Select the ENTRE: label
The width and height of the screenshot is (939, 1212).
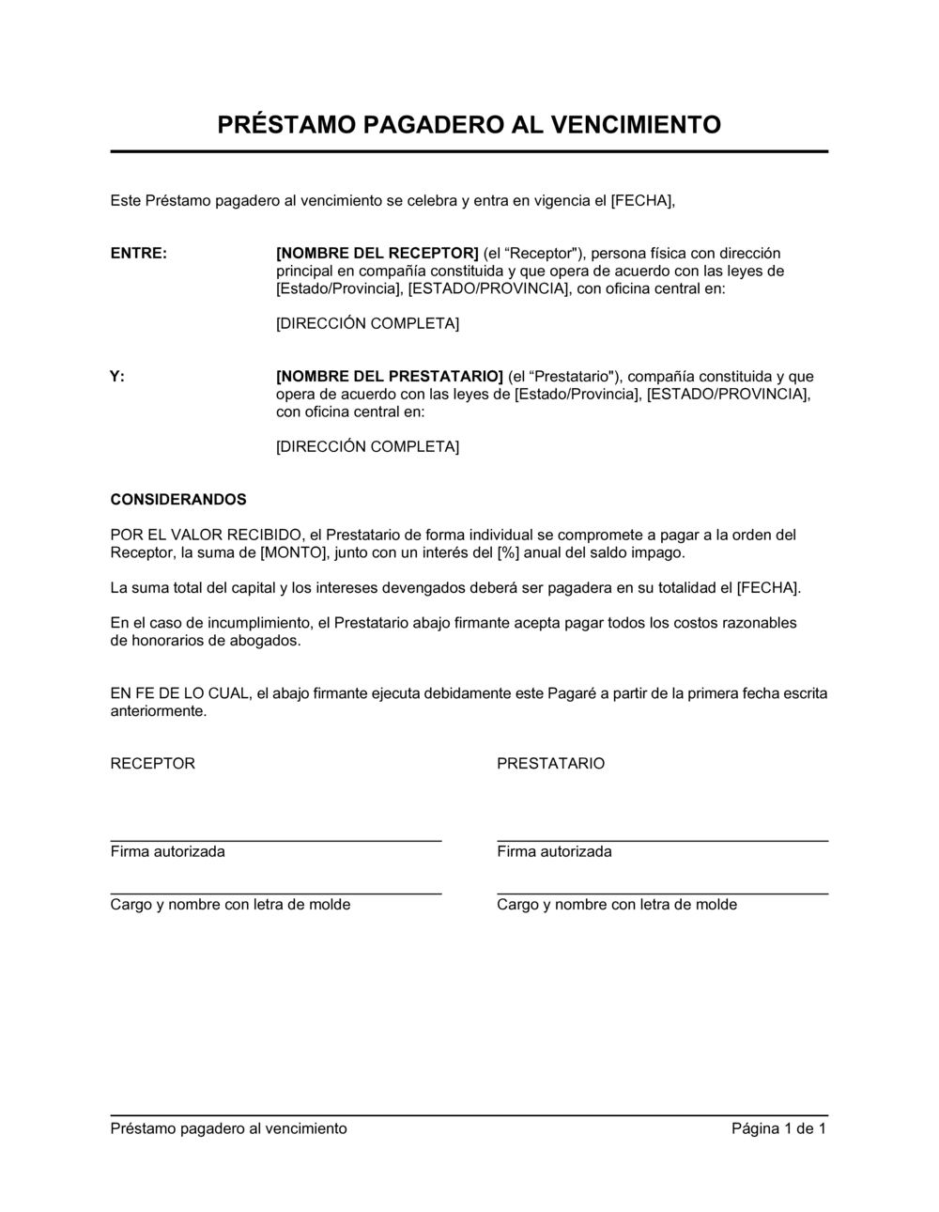click(138, 254)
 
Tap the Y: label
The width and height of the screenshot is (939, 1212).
click(117, 377)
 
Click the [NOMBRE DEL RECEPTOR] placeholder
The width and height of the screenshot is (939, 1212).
click(377, 254)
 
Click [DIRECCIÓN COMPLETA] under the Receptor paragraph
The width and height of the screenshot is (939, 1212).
click(367, 324)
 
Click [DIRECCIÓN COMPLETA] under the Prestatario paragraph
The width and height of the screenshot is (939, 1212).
click(367, 447)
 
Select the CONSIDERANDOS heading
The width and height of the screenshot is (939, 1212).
click(178, 500)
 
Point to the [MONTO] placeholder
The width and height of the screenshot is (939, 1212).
click(295, 553)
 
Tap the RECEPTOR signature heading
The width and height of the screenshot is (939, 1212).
click(152, 764)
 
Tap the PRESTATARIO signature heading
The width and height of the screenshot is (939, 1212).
click(550, 764)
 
